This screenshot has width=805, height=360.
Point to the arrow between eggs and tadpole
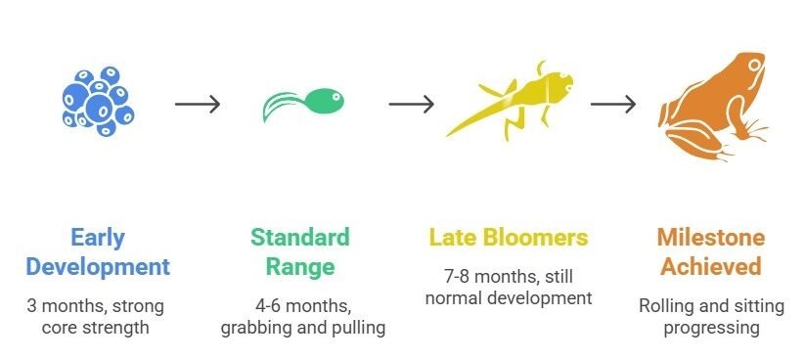click(x=198, y=104)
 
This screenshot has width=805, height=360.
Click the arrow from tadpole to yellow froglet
click(x=411, y=104)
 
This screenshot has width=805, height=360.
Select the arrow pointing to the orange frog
click(x=613, y=104)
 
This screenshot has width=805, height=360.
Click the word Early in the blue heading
click(x=97, y=238)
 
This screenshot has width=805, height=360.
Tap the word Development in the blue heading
click(x=97, y=266)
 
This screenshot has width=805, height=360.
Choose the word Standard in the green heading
click(x=299, y=238)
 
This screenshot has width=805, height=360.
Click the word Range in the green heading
click(x=299, y=266)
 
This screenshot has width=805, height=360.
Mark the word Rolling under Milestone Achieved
click(x=667, y=306)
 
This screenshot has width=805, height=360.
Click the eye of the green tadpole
click(x=333, y=97)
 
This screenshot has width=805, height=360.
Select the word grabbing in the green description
click(x=256, y=328)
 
